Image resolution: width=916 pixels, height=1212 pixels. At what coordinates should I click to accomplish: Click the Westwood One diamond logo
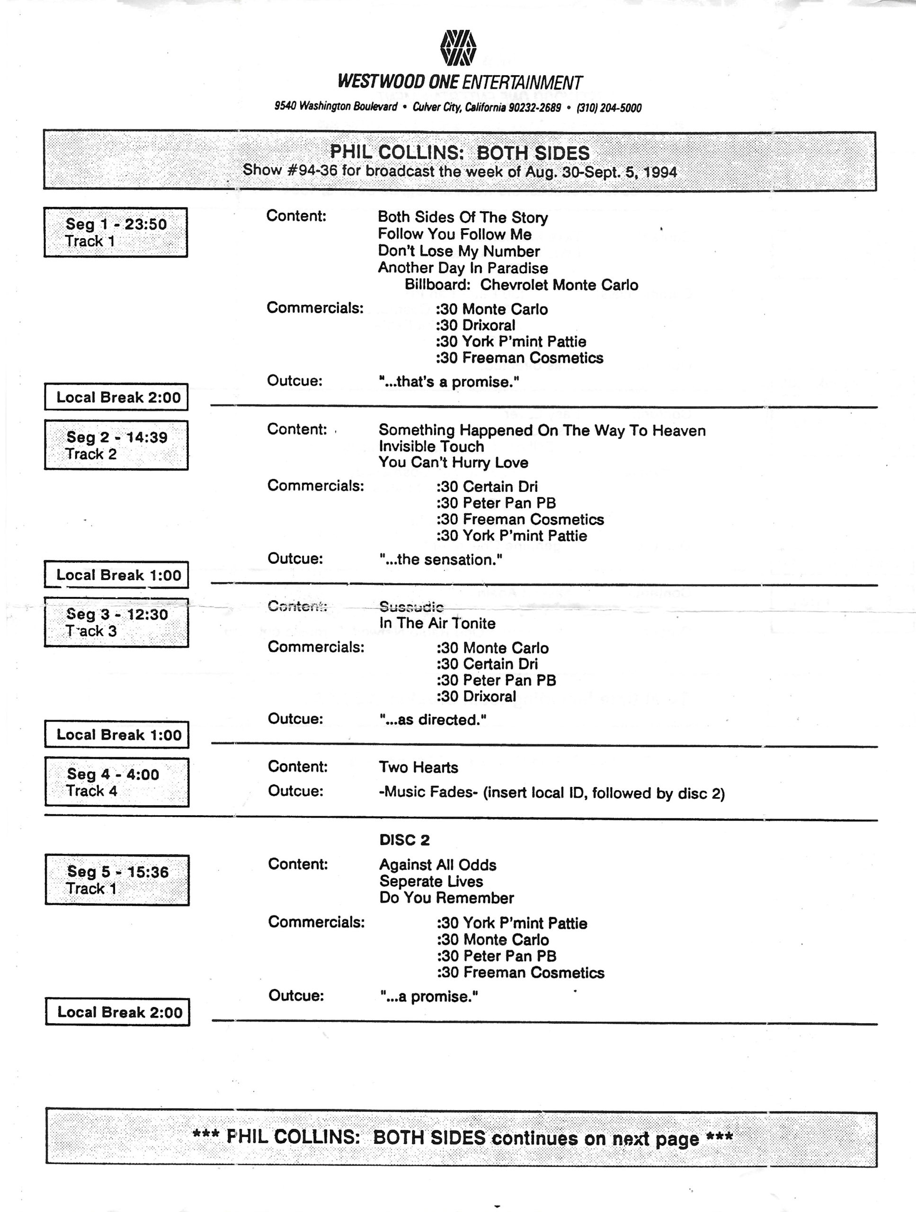(x=458, y=48)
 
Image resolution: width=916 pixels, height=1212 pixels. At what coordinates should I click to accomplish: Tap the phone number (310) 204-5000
(x=609, y=108)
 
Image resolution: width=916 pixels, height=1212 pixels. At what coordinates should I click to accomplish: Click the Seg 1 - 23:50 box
(x=116, y=232)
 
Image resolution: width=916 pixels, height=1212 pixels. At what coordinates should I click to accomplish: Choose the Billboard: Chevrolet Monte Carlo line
(x=521, y=285)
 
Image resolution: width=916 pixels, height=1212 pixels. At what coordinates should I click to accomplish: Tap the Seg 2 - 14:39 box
(x=116, y=445)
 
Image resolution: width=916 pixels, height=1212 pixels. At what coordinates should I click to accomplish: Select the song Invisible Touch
(x=431, y=446)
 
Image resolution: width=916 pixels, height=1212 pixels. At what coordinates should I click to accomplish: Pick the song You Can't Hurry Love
(x=453, y=463)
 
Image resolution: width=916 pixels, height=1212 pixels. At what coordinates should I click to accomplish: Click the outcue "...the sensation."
(x=440, y=560)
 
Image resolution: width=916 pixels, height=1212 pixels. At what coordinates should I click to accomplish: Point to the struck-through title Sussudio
(x=411, y=606)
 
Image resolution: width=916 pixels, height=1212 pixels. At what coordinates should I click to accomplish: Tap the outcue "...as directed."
(x=433, y=720)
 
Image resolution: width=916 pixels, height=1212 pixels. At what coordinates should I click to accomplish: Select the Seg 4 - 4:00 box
(x=117, y=782)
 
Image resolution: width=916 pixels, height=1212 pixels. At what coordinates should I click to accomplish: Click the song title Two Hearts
(x=418, y=767)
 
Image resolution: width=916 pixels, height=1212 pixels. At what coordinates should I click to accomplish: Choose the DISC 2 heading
(x=404, y=840)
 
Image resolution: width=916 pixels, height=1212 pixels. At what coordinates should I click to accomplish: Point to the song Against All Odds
(x=437, y=864)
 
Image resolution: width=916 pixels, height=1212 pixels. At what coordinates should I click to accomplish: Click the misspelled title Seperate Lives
(x=431, y=881)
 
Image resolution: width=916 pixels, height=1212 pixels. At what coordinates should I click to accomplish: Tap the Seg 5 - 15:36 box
(x=117, y=880)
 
